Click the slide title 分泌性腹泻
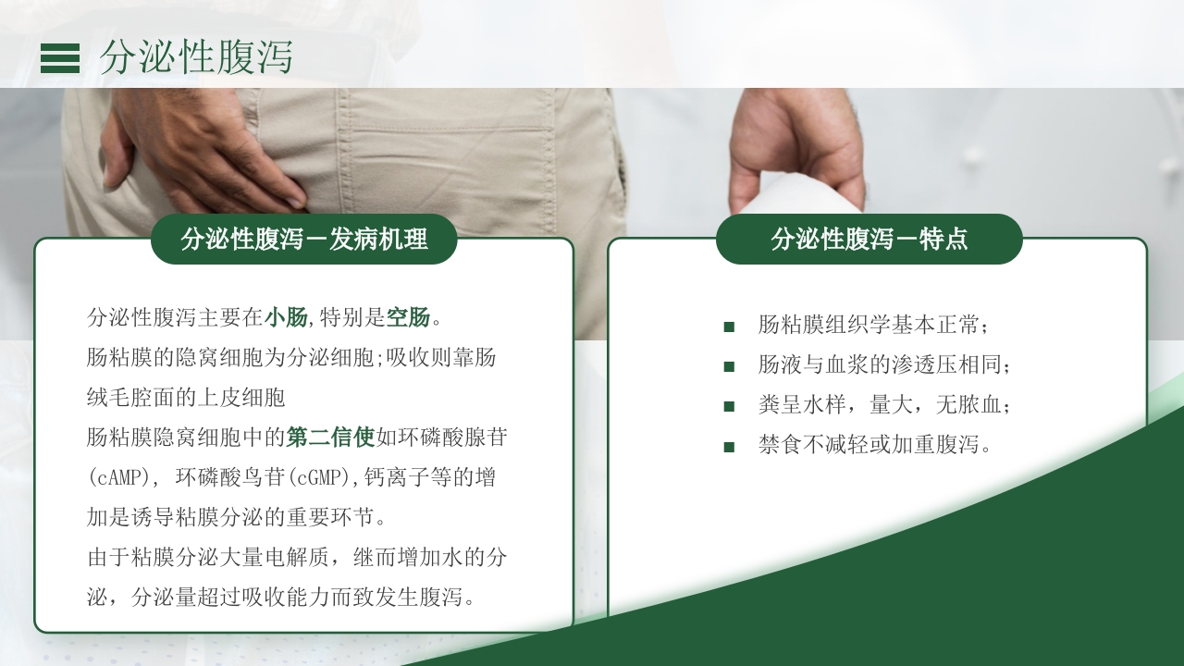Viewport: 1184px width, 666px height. tap(196, 57)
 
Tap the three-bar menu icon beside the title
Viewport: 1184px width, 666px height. tap(60, 57)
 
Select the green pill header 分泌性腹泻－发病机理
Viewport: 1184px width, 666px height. tap(304, 240)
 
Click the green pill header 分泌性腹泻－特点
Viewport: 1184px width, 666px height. tap(869, 240)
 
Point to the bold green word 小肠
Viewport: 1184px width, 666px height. tap(286, 318)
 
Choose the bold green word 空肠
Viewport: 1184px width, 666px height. tap(408, 318)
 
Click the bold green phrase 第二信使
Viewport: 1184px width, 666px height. tap(331, 437)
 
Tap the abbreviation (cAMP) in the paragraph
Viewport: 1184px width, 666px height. tap(118, 477)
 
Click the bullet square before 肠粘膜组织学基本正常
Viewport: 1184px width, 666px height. tap(729, 327)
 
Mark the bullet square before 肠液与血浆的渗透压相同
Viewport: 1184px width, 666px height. tap(729, 366)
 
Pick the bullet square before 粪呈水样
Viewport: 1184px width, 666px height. tap(729, 406)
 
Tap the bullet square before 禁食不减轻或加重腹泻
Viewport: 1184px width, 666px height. tap(729, 446)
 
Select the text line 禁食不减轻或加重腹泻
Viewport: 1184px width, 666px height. tap(875, 445)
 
